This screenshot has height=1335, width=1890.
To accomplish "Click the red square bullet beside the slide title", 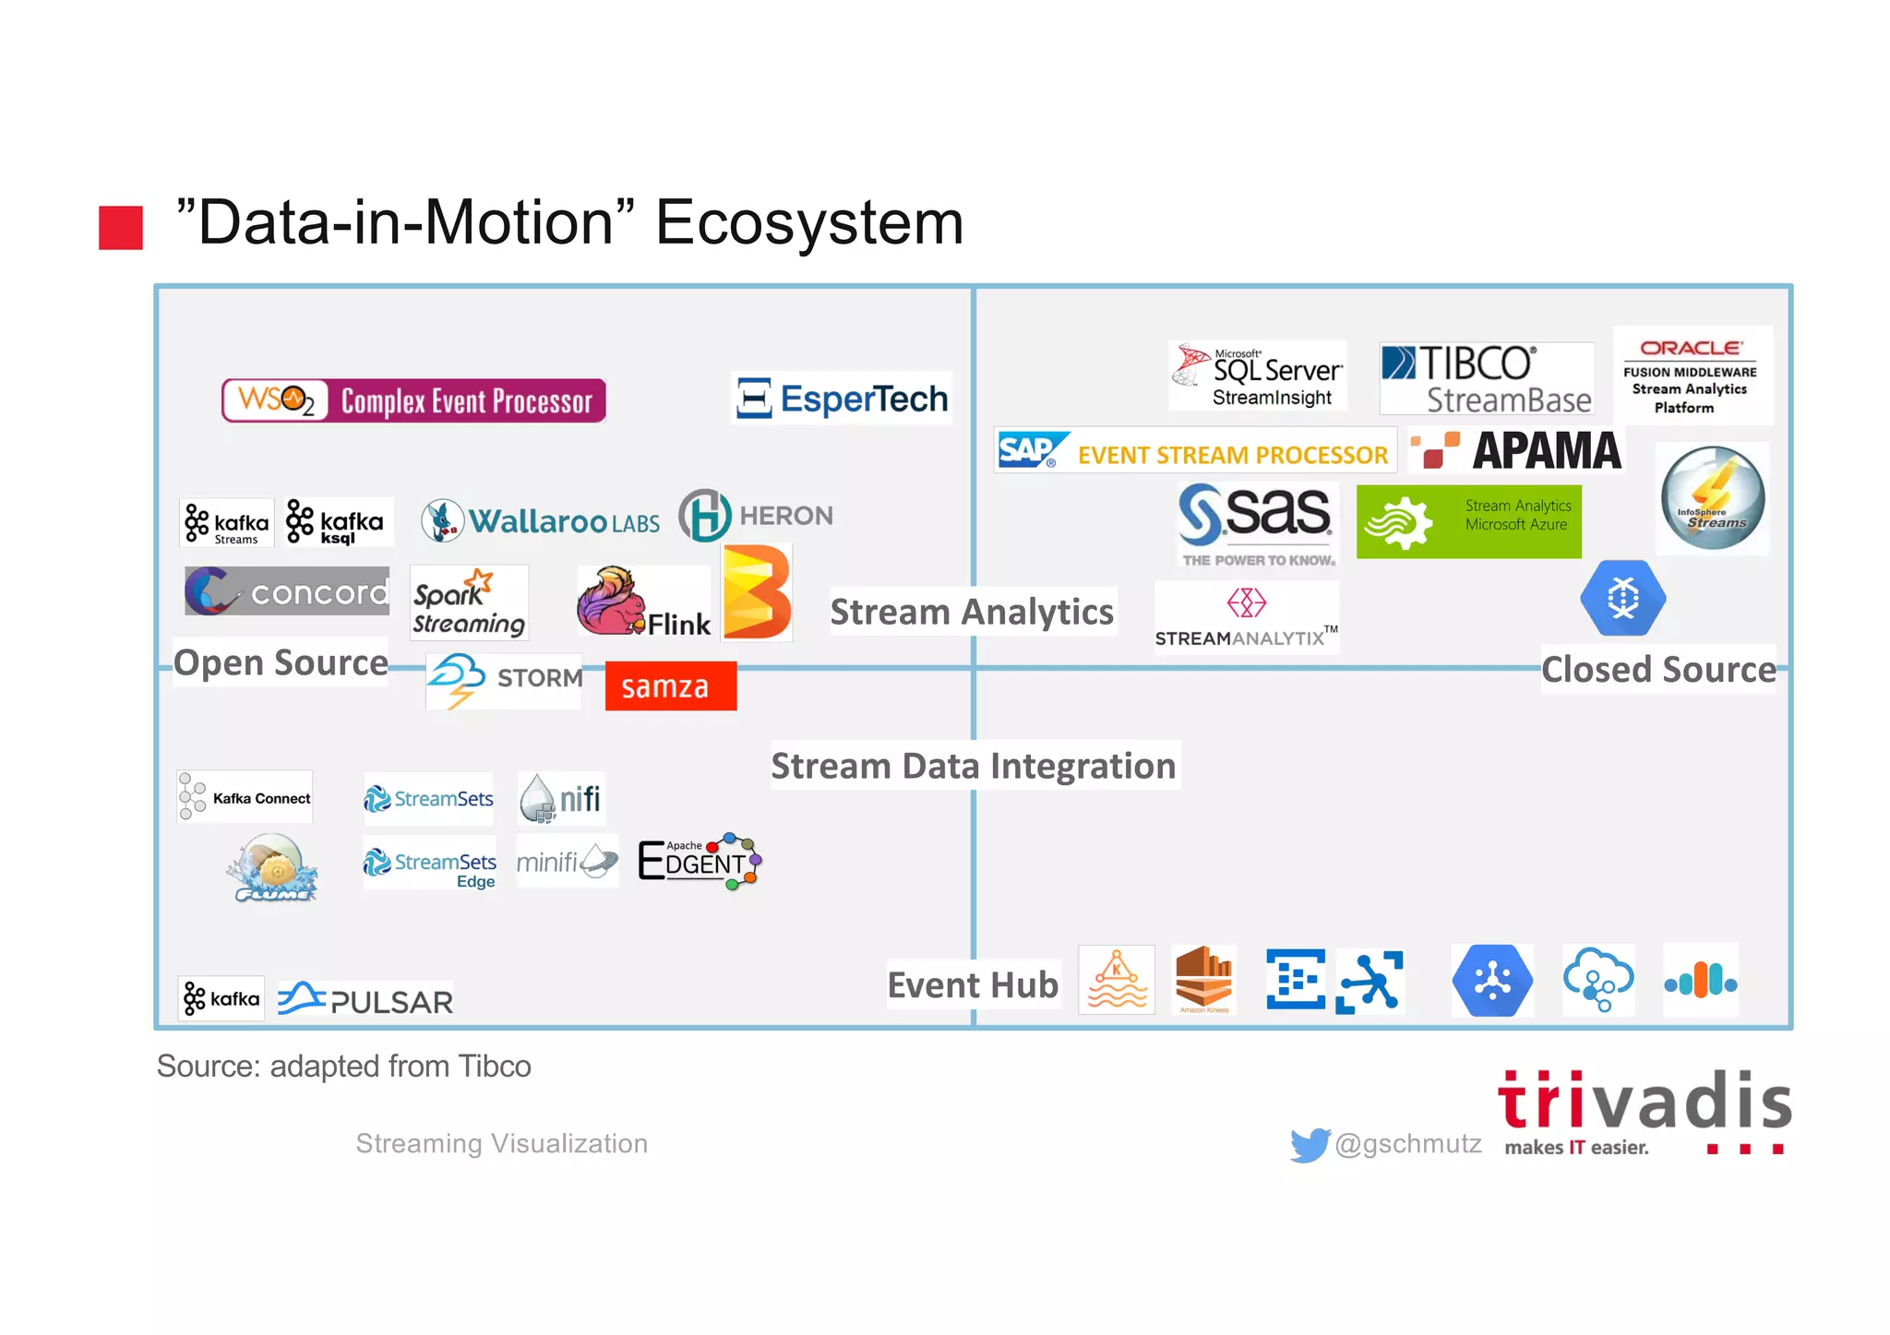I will click(x=121, y=227).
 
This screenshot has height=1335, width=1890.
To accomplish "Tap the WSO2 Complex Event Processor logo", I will click(x=414, y=400).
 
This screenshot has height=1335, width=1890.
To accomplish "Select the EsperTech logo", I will click(x=842, y=399).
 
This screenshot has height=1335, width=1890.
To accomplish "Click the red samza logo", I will click(x=671, y=686).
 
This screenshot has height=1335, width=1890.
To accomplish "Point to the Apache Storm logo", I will click(x=504, y=680).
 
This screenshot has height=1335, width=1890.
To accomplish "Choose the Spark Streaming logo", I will click(x=469, y=602).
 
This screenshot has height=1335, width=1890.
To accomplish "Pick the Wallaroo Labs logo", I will click(x=541, y=521).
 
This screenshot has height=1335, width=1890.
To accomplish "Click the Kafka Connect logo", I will click(x=245, y=797).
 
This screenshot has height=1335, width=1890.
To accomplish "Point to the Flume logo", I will click(x=272, y=868).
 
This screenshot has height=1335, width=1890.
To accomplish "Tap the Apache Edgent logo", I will click(x=700, y=861).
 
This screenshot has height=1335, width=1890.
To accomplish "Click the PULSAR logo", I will click(x=366, y=999).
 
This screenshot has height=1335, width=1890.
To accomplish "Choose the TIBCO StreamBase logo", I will click(x=1486, y=378).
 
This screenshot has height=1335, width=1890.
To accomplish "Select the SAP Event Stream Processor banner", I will click(x=1194, y=451).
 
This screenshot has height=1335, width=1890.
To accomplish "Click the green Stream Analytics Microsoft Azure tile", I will click(x=1468, y=521).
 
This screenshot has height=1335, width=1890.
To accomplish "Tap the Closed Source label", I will click(x=1658, y=669).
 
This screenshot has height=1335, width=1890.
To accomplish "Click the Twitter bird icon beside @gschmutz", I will click(x=1310, y=1144).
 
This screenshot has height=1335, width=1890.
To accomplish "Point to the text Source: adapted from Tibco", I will click(x=344, y=1067).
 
